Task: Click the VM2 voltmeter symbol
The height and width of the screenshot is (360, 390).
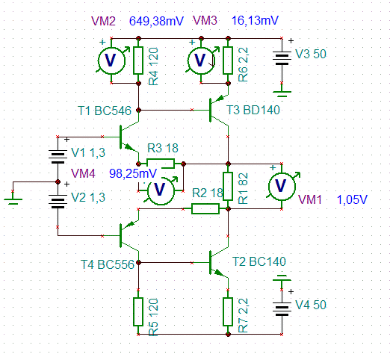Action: (x=111, y=60)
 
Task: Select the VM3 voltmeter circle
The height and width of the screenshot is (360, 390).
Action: (x=201, y=60)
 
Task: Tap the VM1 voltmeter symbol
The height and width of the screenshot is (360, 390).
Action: (x=282, y=186)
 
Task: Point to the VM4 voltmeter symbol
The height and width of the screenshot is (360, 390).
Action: (x=161, y=190)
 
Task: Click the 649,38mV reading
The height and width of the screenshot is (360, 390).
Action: (x=156, y=21)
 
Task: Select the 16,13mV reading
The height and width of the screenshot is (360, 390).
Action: (x=255, y=20)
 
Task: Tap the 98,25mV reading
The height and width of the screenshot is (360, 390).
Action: (x=133, y=173)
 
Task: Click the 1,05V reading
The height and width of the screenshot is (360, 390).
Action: (x=352, y=199)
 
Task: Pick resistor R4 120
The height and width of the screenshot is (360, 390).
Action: (x=138, y=60)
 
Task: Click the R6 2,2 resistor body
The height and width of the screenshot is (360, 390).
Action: (x=228, y=60)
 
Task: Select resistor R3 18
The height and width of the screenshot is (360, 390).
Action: (x=161, y=164)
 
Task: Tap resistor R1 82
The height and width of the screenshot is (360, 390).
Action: (x=228, y=186)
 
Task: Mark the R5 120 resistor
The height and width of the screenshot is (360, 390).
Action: (x=138, y=311)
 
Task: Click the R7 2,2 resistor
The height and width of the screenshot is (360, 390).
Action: (x=228, y=311)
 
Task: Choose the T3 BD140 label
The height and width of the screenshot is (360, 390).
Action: (x=253, y=110)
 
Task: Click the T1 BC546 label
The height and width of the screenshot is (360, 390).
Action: (x=105, y=111)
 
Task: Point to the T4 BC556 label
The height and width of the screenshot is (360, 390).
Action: (x=108, y=264)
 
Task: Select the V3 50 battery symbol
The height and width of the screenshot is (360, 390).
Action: (x=282, y=58)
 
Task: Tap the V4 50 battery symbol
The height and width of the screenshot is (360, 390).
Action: (x=282, y=309)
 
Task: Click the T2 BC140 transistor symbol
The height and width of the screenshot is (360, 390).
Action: (x=217, y=262)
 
